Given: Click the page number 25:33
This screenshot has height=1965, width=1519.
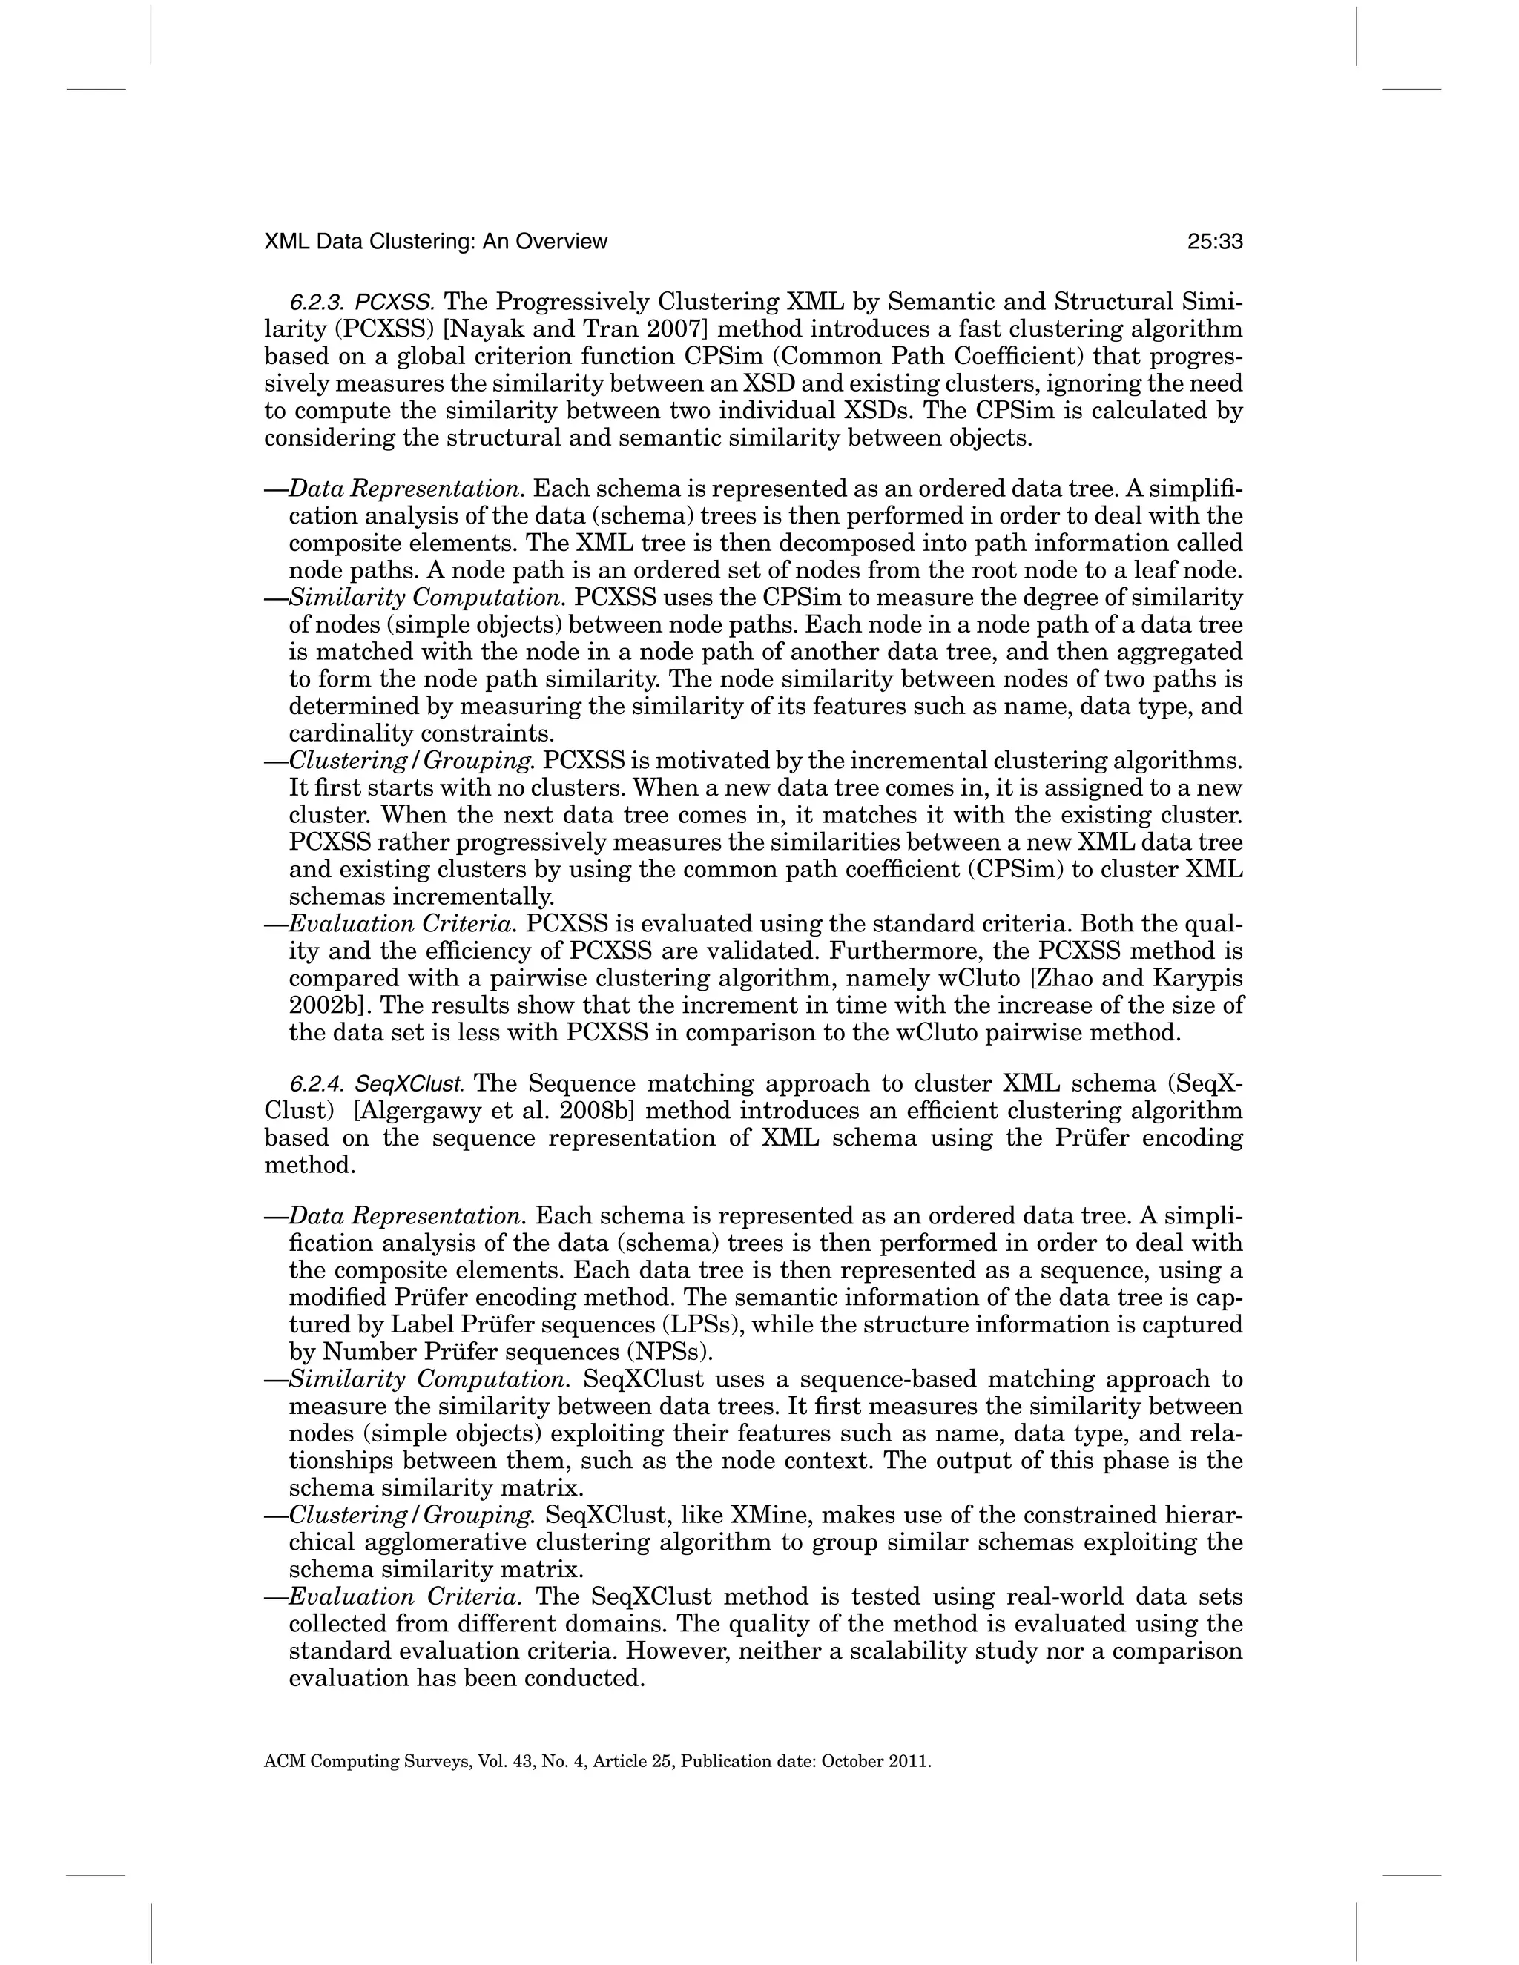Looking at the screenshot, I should click(1215, 242).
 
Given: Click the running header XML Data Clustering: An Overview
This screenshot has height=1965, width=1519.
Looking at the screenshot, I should click(435, 242).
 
